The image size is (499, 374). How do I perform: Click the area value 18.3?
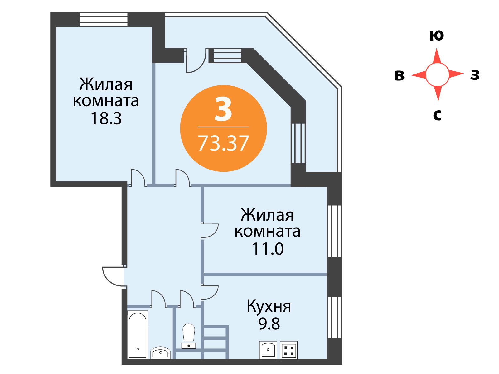tap(106, 118)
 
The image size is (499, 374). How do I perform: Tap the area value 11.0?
tap(268, 249)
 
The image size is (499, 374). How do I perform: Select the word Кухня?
tap(269, 307)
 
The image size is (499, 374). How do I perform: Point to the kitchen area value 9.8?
tap(269, 324)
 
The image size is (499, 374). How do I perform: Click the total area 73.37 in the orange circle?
tap(224, 143)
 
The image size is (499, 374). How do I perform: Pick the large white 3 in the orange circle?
tap(223, 109)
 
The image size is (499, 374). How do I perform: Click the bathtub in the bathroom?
tap(138, 335)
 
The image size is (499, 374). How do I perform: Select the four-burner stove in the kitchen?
tap(288, 350)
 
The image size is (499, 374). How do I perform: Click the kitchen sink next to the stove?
tap(268, 350)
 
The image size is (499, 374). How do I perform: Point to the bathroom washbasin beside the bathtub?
tap(161, 353)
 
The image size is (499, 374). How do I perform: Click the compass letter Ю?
tap(437, 36)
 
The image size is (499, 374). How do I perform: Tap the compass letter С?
tap(437, 115)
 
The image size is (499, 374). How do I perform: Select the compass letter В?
tap(400, 76)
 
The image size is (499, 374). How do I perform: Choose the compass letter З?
tap(475, 75)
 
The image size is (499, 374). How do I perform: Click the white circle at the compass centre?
tap(437, 75)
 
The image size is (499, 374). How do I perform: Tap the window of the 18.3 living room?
tap(104, 20)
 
